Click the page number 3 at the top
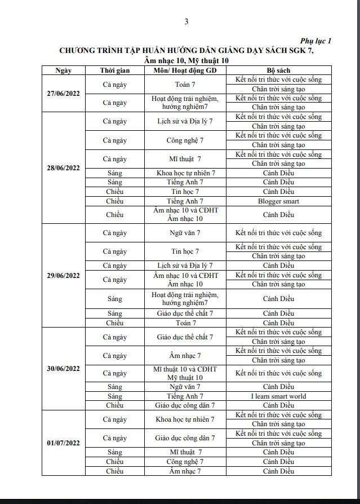coord(186,22)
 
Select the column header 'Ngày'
coord(63,70)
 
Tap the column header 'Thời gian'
coord(115,70)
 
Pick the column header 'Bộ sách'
coord(278,70)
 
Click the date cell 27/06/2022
coord(63,93)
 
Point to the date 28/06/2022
coord(63,167)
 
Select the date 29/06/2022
coord(63,275)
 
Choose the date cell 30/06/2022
coord(63,368)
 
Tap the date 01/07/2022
coord(63,443)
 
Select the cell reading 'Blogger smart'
coord(278,201)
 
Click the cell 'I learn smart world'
coord(278,396)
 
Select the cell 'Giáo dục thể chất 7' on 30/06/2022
coord(185,337)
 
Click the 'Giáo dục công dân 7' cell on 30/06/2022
coord(185,405)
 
